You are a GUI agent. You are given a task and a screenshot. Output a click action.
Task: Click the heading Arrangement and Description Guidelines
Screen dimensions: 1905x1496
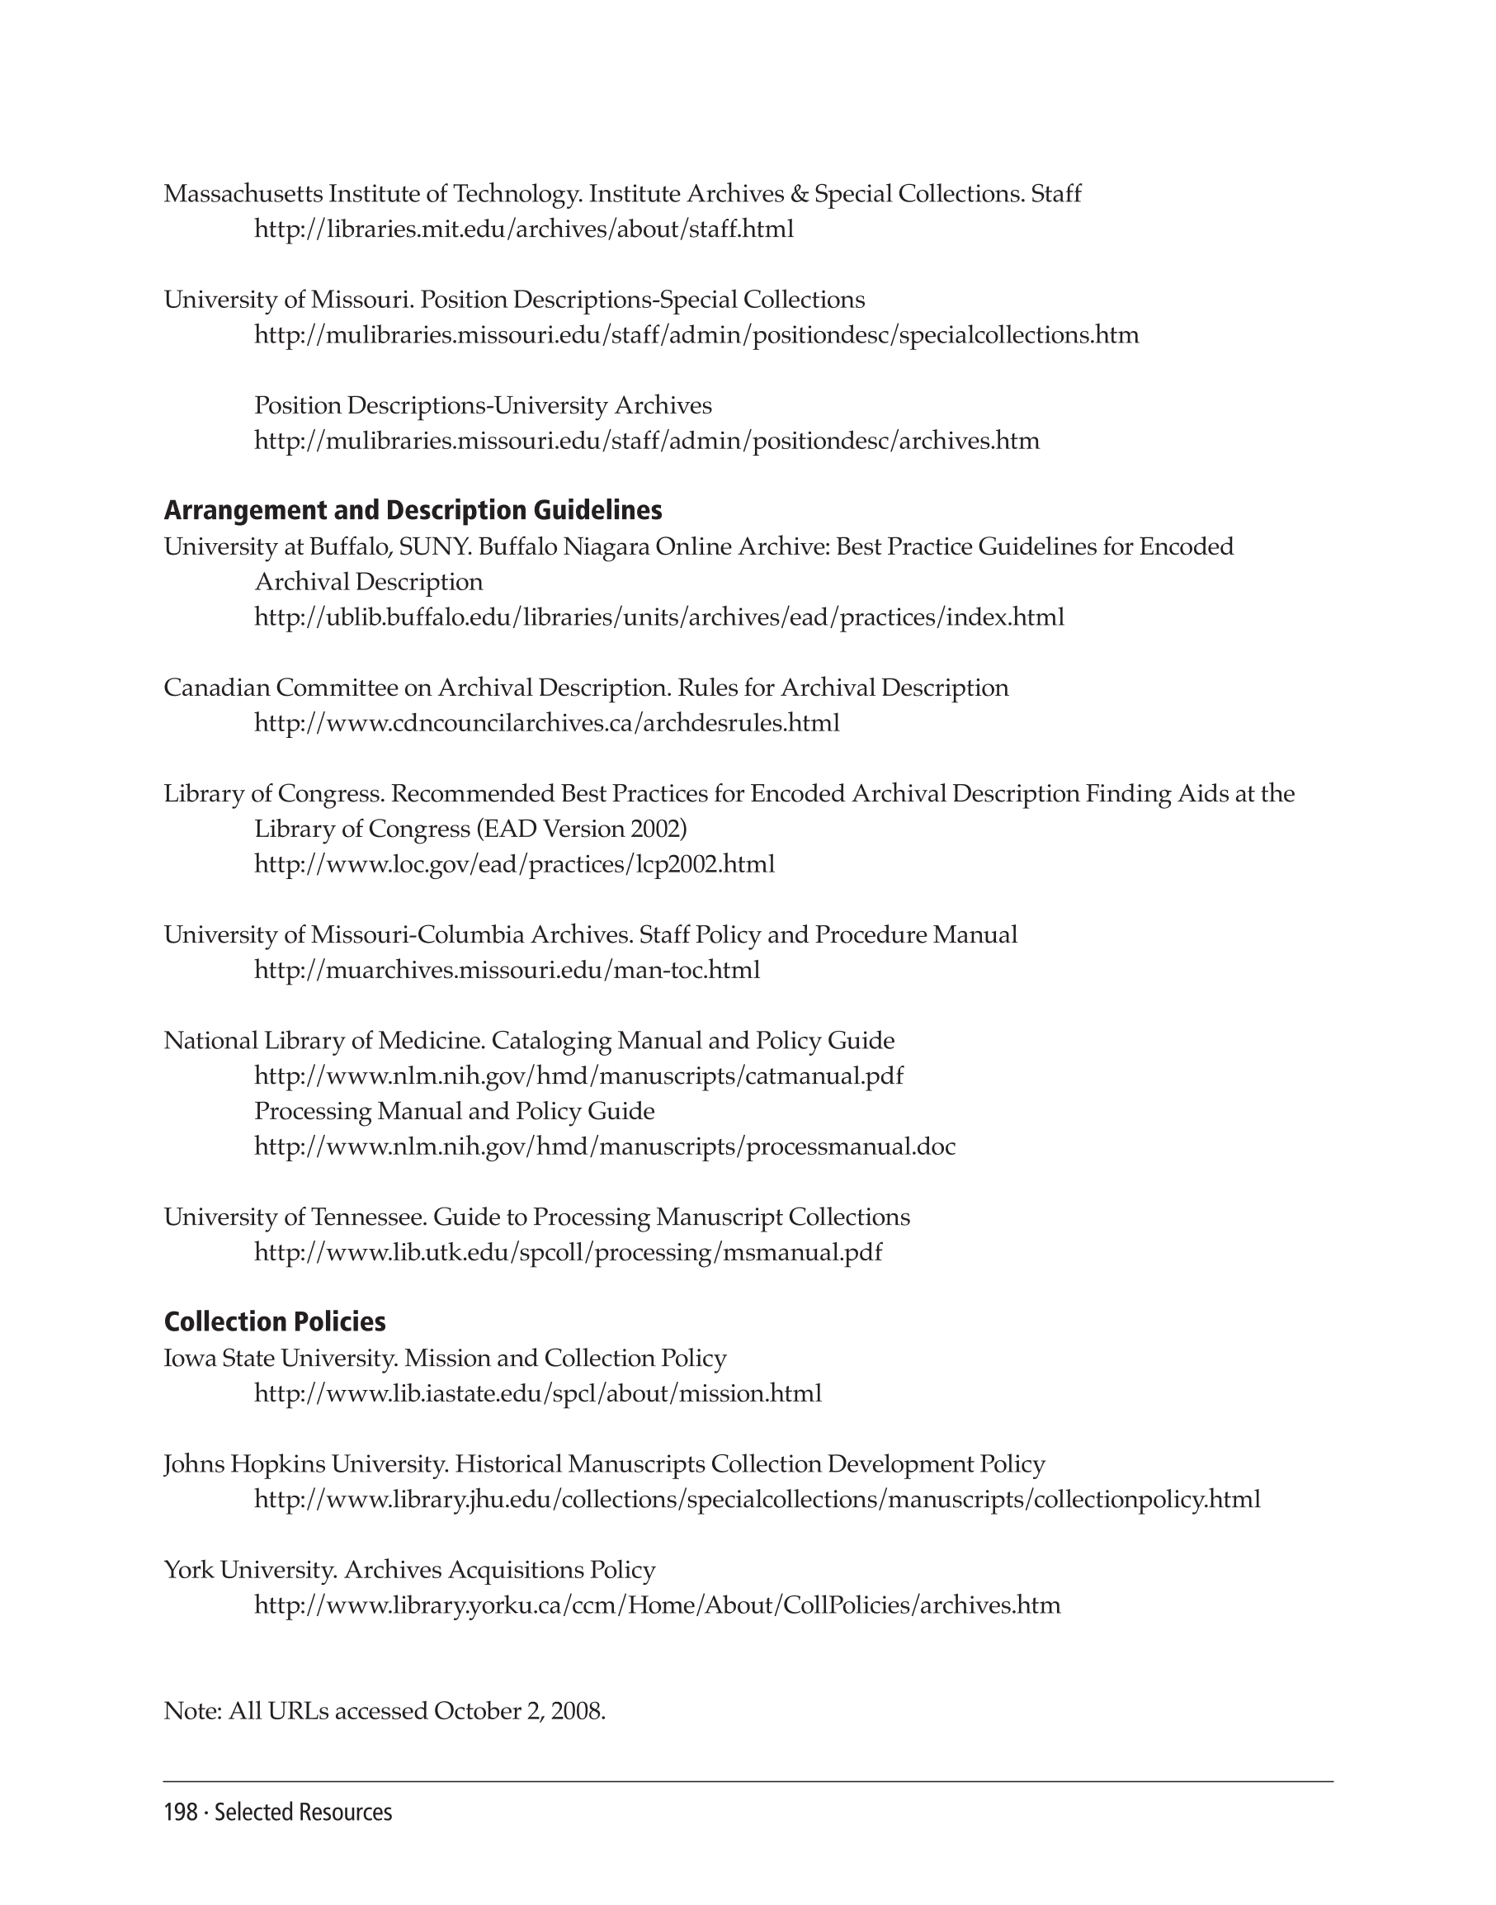413,510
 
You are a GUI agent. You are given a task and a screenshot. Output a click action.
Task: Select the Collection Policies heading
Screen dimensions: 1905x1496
274,1321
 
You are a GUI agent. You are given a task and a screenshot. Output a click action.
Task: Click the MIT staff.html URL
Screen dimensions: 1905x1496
524,229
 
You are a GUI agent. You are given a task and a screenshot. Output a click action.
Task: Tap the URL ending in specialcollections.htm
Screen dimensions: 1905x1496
696,336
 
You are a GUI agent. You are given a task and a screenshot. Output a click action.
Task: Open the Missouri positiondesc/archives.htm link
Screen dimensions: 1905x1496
646,441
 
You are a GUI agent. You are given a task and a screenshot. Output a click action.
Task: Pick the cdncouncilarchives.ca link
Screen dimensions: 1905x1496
546,724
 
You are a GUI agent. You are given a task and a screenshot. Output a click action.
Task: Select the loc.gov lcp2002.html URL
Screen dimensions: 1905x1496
514,865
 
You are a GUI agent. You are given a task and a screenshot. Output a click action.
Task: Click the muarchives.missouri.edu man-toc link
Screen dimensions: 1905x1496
507,971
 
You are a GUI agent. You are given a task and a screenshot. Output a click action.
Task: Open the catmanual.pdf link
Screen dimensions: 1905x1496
578,1076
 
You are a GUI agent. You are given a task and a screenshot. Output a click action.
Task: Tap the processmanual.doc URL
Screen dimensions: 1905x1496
604,1147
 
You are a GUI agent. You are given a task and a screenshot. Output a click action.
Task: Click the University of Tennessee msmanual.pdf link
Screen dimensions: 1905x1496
568,1253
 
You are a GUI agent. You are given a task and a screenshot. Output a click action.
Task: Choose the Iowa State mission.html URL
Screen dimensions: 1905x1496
538,1394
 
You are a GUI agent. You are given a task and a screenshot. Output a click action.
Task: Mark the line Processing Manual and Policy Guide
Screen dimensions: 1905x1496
454,1111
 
